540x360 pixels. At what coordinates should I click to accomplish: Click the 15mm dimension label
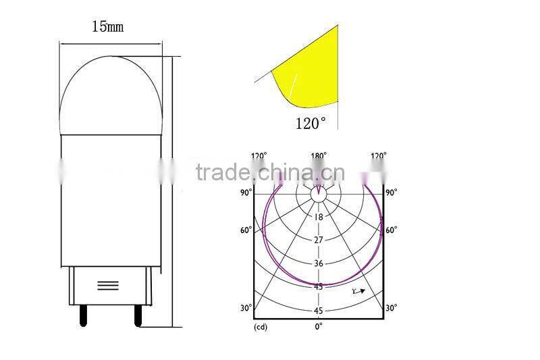(107, 27)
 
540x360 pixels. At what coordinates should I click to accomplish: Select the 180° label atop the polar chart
(319, 156)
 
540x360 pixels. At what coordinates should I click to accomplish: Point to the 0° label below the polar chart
(319, 326)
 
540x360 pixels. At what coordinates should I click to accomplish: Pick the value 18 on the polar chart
(319, 217)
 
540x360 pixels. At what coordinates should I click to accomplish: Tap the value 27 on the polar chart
(319, 240)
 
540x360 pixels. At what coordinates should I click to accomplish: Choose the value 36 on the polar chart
(319, 263)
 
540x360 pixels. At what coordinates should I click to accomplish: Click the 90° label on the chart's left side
(246, 192)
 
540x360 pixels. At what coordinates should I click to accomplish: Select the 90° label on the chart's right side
(391, 192)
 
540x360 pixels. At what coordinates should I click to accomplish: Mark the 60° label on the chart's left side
(246, 230)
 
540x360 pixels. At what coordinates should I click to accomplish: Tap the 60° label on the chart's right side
(391, 230)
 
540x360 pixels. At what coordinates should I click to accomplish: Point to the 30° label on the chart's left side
(246, 308)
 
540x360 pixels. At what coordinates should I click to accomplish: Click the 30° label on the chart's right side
(391, 308)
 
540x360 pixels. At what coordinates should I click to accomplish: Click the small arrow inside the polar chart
(359, 291)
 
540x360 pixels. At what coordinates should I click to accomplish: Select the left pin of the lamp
(83, 314)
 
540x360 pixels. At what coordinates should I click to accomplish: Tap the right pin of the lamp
(138, 315)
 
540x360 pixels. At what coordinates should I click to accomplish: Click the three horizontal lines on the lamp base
(108, 285)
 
